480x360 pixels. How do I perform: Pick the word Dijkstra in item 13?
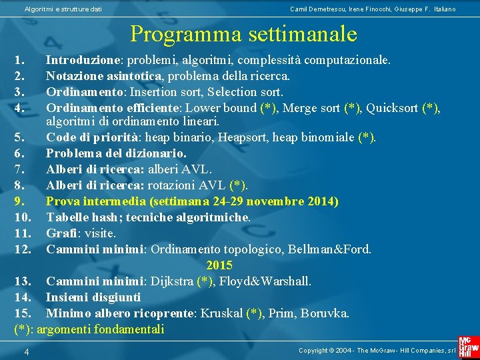click(172, 281)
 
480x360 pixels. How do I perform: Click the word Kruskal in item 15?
click(221, 313)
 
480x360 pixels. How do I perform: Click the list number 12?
click(23, 249)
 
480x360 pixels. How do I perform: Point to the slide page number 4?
click(25, 351)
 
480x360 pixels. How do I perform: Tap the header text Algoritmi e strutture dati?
click(63, 9)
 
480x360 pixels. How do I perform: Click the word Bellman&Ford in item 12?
click(333, 249)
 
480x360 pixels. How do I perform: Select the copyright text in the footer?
click(376, 350)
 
